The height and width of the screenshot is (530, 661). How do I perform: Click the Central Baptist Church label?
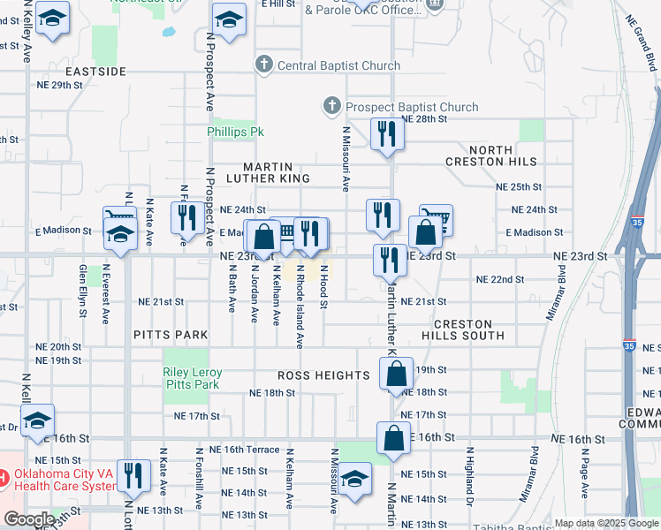pyautogui.click(x=338, y=65)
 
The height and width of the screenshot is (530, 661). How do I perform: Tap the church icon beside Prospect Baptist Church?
pyautogui.click(x=332, y=107)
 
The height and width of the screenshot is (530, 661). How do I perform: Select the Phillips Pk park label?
pyautogui.click(x=236, y=132)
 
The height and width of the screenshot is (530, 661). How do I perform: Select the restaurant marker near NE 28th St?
pyautogui.click(x=387, y=134)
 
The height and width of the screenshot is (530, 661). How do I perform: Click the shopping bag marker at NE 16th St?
pyautogui.click(x=393, y=438)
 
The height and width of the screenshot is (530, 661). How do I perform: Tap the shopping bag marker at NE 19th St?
pyautogui.click(x=396, y=373)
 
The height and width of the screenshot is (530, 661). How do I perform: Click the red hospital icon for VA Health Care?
pyautogui.click(x=4, y=479)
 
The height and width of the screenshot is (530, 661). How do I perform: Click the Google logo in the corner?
pyautogui.click(x=28, y=519)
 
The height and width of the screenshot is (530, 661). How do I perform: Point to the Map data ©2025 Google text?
pyautogui.click(x=606, y=523)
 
